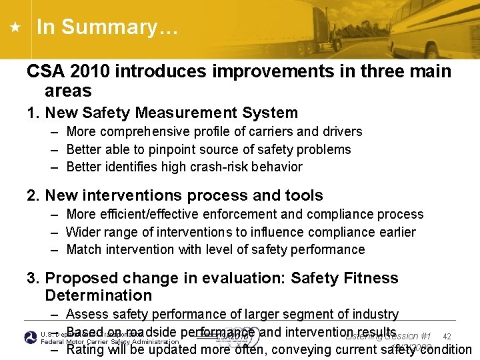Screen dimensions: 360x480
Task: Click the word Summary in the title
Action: click(x=117, y=27)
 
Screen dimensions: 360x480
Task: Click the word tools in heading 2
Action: click(x=301, y=195)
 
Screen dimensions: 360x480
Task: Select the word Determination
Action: click(x=98, y=295)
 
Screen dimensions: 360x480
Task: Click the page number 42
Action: click(x=447, y=337)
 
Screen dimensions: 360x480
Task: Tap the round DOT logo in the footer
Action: click(x=31, y=337)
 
